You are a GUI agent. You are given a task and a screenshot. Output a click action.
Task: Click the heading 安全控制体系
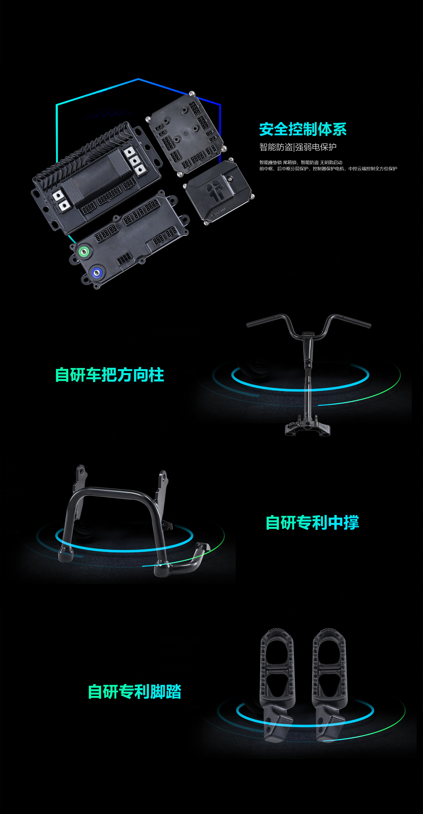pyautogui.click(x=303, y=129)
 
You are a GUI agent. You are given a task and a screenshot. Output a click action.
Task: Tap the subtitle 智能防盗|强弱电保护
pyautogui.click(x=298, y=147)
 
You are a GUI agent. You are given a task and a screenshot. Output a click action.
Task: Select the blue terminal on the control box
pyautogui.click(x=97, y=272)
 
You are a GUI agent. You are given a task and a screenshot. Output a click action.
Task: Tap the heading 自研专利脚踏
pyautogui.click(x=135, y=691)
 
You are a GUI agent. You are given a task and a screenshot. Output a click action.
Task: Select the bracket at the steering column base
pyautogui.click(x=307, y=426)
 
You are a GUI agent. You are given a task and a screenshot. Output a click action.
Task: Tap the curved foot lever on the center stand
pyautogui.click(x=189, y=561)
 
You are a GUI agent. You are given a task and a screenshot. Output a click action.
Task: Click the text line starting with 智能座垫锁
pyautogui.click(x=301, y=162)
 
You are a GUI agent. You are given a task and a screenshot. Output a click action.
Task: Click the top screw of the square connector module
pyautogui.click(x=191, y=93)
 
